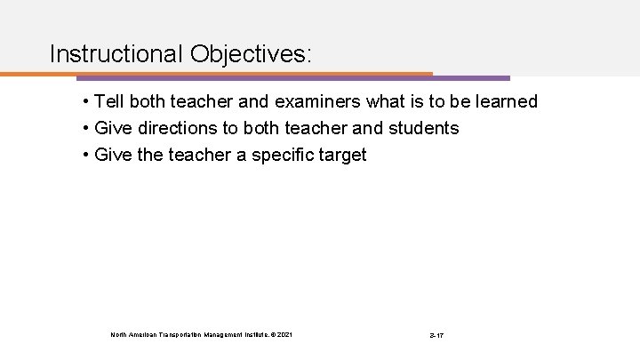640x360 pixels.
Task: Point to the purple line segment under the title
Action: coord(471,77)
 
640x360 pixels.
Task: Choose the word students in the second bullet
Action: coord(424,129)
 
